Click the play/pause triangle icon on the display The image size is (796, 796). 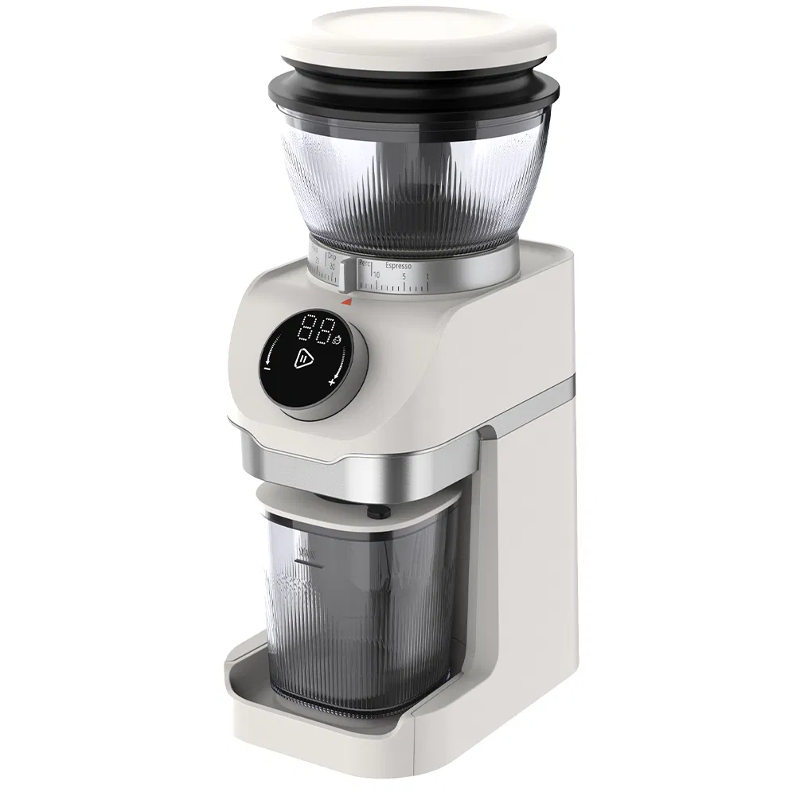click(x=304, y=359)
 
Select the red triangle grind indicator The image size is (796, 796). click(x=345, y=301)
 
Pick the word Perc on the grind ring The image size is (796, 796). click(x=366, y=261)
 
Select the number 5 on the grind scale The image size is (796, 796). click(x=404, y=275)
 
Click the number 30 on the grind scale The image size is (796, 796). click(x=331, y=267)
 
